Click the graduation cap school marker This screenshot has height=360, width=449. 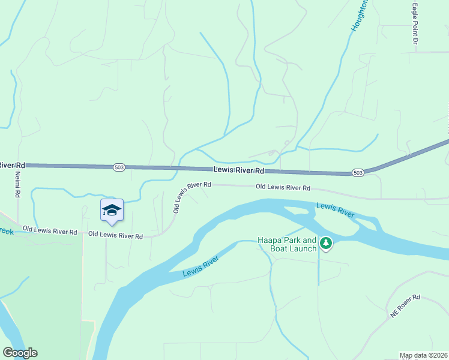(x=112, y=210)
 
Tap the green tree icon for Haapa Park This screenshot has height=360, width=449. (x=326, y=243)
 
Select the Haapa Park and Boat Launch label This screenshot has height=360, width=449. (x=287, y=244)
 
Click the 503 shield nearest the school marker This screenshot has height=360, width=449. (x=119, y=167)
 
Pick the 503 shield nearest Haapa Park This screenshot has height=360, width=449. (x=358, y=173)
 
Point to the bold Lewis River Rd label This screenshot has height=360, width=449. (x=238, y=170)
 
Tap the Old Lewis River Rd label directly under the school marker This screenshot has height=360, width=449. (x=115, y=236)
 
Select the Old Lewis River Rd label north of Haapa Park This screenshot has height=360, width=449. (x=283, y=187)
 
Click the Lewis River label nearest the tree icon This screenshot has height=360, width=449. (x=336, y=210)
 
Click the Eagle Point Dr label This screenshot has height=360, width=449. (x=415, y=25)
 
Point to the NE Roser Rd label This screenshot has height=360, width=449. (x=405, y=305)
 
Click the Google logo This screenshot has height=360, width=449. (x=20, y=353)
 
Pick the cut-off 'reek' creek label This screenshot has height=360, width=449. (x=7, y=230)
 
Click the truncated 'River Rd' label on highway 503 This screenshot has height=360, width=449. (x=12, y=165)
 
